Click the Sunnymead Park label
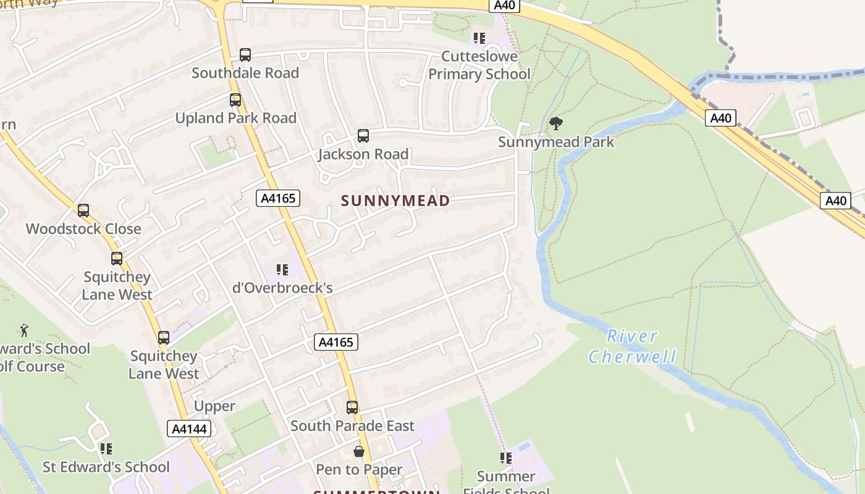click(556, 142)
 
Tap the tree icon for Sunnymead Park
click(556, 124)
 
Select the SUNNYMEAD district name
click(395, 201)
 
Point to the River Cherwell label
click(632, 346)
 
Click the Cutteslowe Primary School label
click(479, 65)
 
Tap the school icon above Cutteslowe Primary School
click(479, 38)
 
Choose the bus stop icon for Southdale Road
click(245, 55)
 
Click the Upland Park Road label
click(236, 118)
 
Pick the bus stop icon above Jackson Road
click(363, 136)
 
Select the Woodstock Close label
click(83, 229)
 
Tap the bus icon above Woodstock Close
click(83, 211)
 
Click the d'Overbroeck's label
click(282, 288)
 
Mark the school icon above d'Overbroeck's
click(282, 270)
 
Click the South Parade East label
click(352, 426)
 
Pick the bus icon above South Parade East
click(352, 408)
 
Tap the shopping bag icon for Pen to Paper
click(359, 452)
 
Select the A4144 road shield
click(189, 429)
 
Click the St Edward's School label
click(106, 467)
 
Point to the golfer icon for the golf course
click(24, 330)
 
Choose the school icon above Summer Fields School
click(506, 458)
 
